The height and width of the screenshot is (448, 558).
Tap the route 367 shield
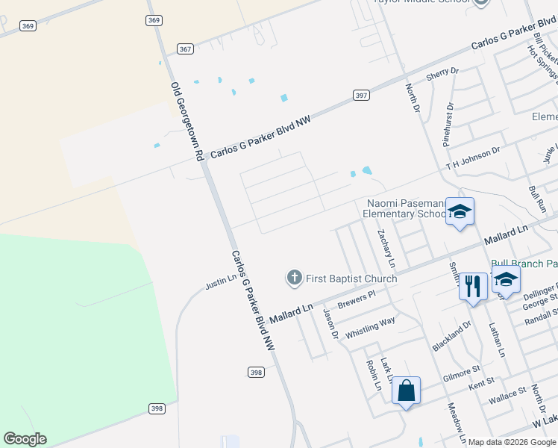(186, 49)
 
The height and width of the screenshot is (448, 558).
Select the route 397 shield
(361, 96)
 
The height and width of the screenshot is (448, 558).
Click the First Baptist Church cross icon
(294, 279)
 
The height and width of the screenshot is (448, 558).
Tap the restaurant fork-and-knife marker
(473, 286)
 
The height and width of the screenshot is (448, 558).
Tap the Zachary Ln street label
(386, 249)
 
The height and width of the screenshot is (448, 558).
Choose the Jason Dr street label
(330, 323)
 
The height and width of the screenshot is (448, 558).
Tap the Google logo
(25, 439)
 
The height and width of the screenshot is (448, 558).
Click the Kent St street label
(482, 383)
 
